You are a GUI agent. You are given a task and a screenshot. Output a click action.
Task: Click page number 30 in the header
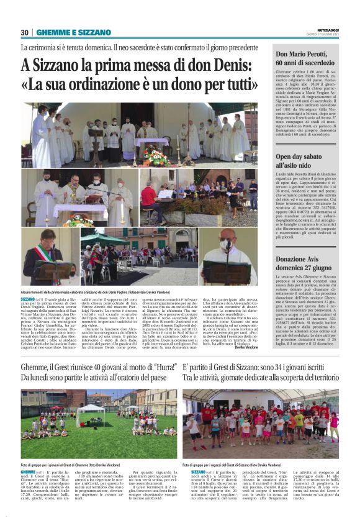tap(24, 32)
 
